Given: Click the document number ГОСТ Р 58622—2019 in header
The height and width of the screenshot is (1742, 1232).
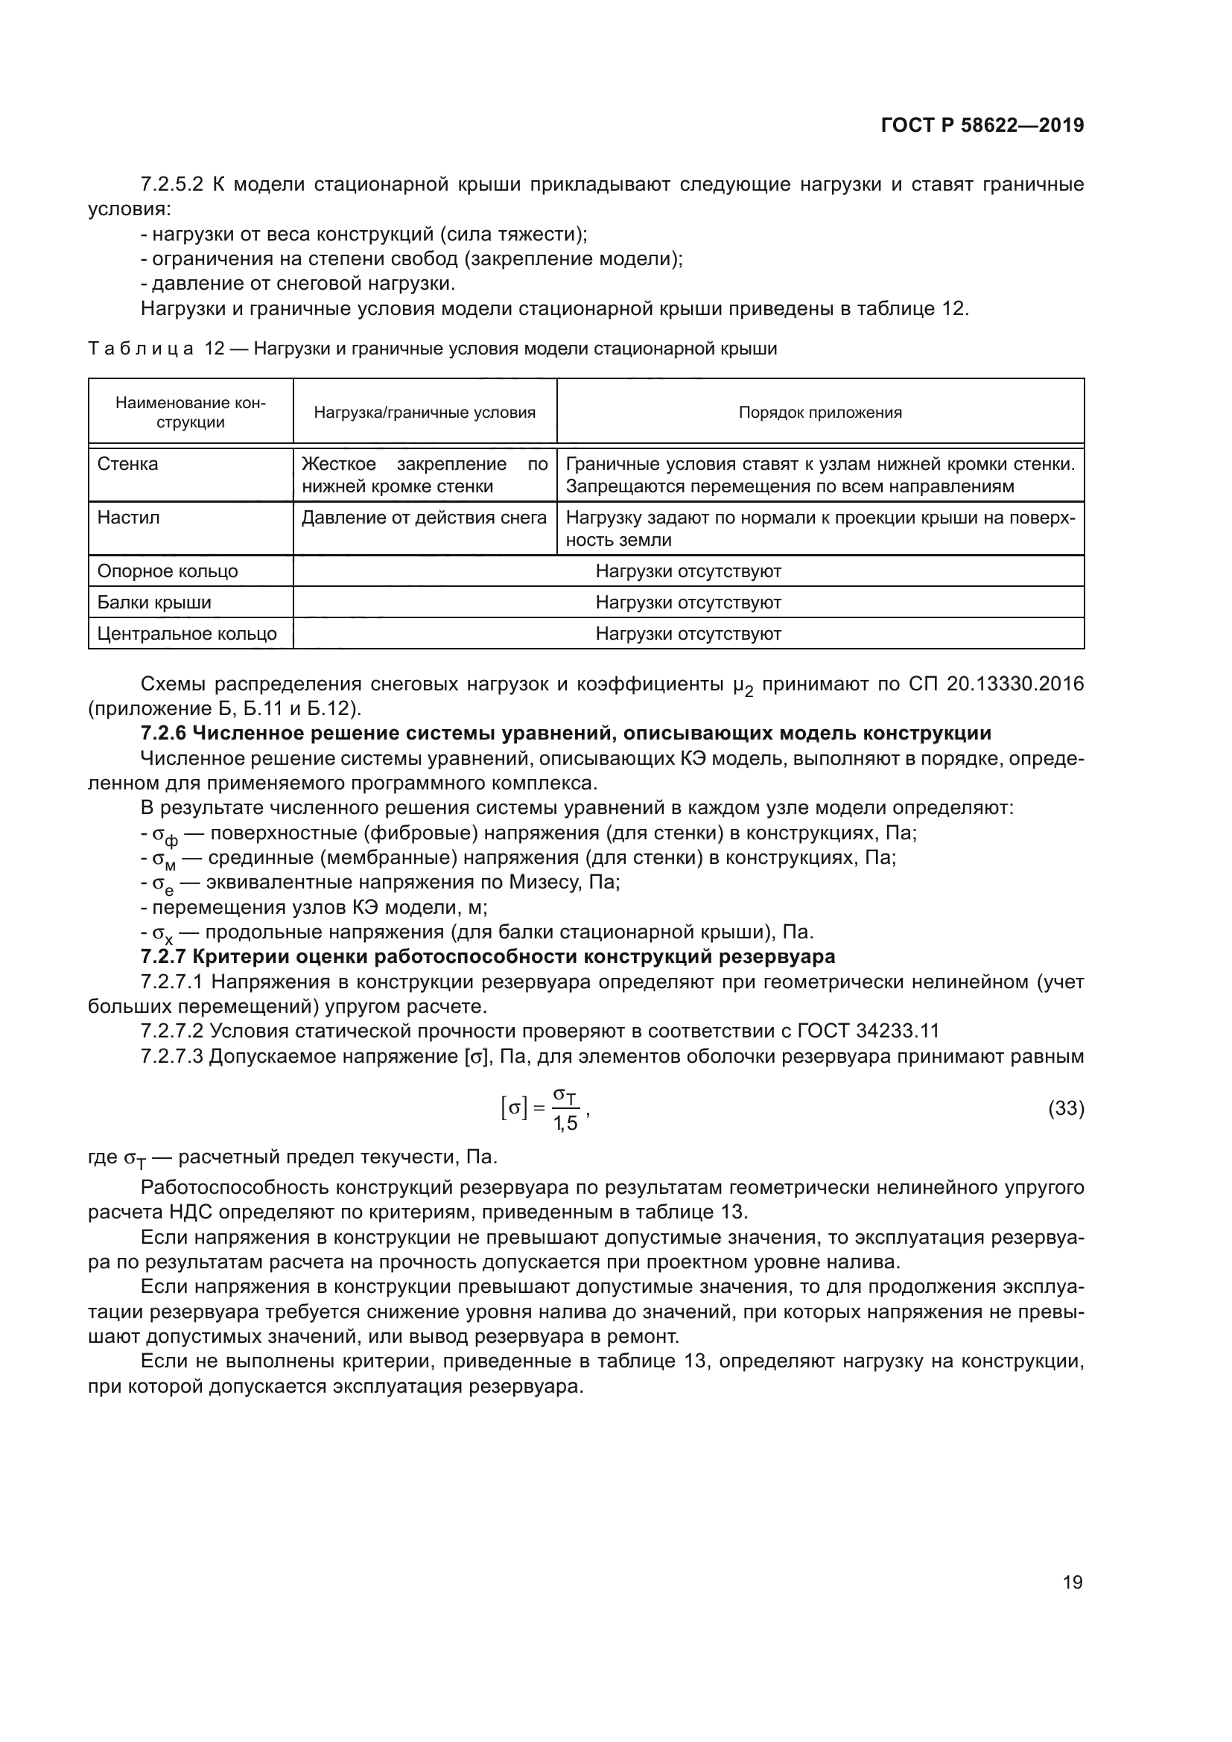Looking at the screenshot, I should (982, 126).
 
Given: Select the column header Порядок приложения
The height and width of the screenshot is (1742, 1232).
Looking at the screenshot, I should (820, 413).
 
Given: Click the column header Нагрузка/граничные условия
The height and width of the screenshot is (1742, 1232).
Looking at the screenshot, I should (424, 413).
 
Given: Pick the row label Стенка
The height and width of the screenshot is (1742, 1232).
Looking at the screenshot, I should (127, 464).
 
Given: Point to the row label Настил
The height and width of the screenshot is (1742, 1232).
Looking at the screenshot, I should (128, 518).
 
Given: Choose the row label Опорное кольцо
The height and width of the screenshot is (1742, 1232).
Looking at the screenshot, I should (167, 571).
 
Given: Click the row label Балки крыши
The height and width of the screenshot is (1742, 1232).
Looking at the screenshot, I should (154, 603).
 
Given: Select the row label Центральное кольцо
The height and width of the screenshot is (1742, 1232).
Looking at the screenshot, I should (187, 634).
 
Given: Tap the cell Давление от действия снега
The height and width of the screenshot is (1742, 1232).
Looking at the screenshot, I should (424, 518).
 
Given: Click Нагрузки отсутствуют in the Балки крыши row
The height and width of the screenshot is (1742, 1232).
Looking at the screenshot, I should (688, 603).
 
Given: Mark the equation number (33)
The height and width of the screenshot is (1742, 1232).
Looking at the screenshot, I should (1066, 1108).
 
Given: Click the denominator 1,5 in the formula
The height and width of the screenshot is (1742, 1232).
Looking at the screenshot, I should (565, 1124).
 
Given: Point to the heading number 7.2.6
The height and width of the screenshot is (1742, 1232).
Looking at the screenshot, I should (164, 734).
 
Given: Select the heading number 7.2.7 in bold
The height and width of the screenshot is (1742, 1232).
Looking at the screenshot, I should (164, 957).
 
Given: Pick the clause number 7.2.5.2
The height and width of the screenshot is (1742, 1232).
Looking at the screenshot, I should (172, 185).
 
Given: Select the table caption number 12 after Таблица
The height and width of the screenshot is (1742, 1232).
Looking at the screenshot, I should (215, 349).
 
